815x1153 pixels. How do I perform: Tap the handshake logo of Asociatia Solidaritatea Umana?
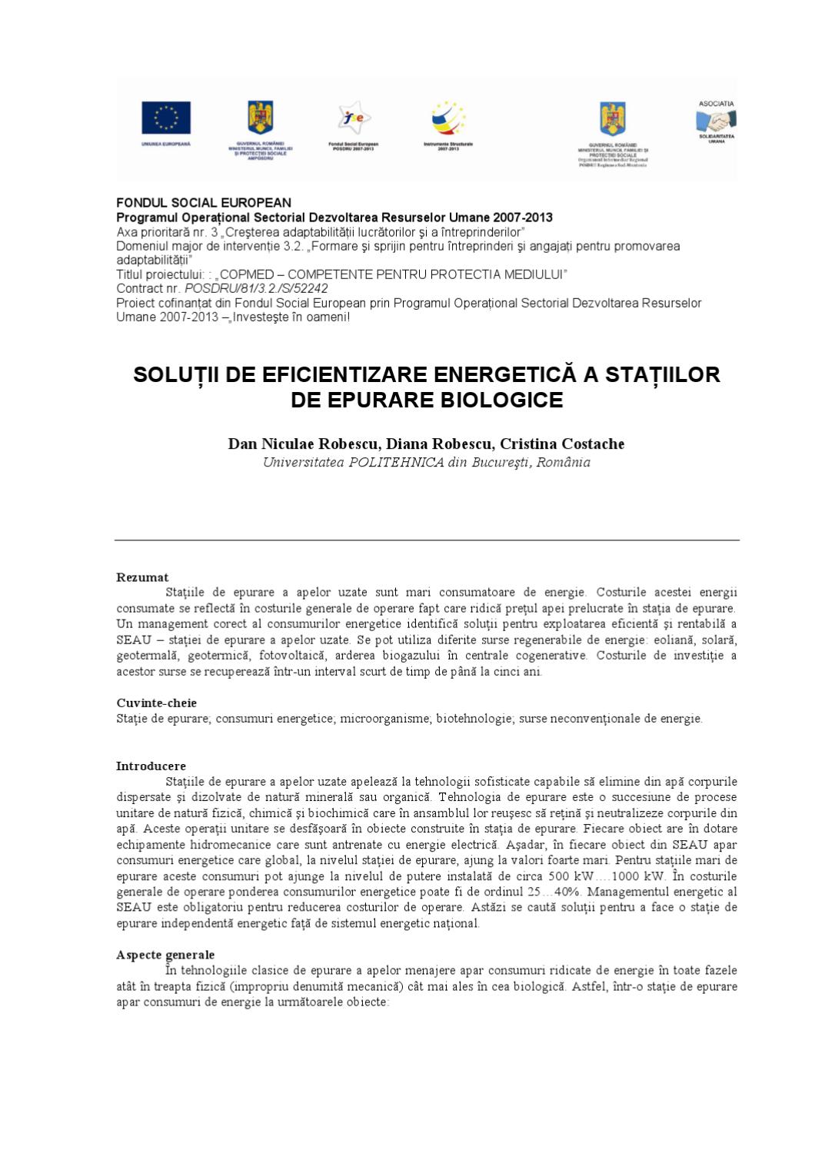(x=716, y=121)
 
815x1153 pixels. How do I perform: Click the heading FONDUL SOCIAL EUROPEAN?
(x=204, y=203)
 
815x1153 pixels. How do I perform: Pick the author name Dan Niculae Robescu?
(x=302, y=444)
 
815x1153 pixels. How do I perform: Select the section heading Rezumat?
(x=142, y=577)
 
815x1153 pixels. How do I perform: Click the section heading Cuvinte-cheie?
(x=156, y=703)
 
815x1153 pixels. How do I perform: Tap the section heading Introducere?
(x=151, y=766)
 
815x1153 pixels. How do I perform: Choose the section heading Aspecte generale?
(x=165, y=955)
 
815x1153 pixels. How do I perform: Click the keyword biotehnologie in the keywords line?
(x=474, y=719)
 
